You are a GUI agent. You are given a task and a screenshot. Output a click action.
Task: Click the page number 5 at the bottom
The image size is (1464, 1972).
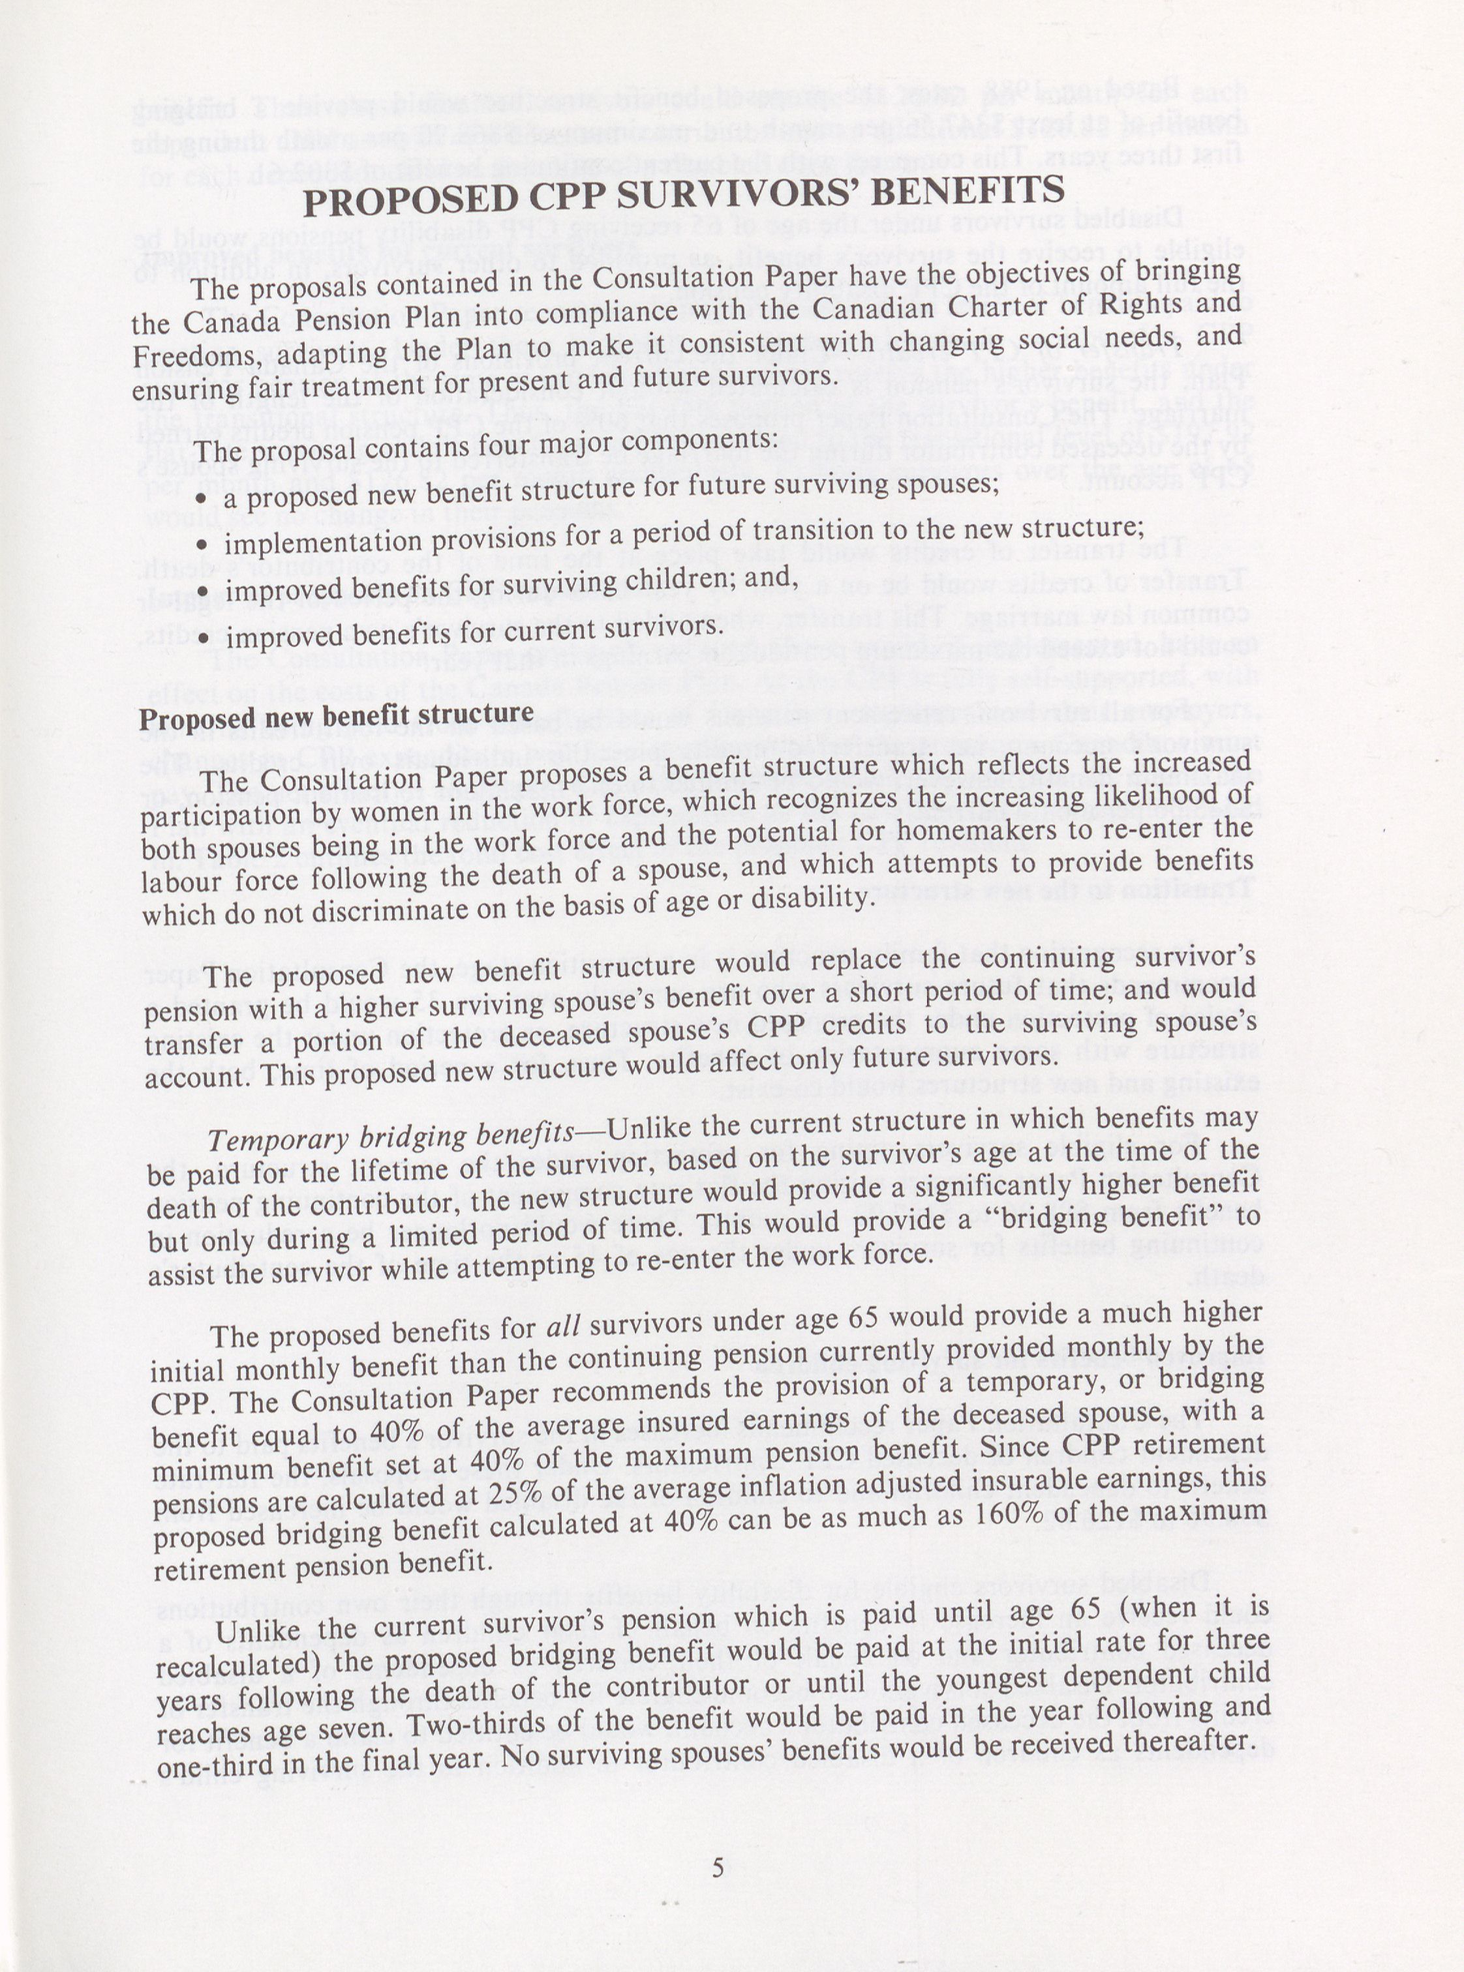click(x=718, y=1868)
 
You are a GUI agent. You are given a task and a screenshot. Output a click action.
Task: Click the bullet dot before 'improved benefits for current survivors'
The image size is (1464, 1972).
click(x=204, y=638)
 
